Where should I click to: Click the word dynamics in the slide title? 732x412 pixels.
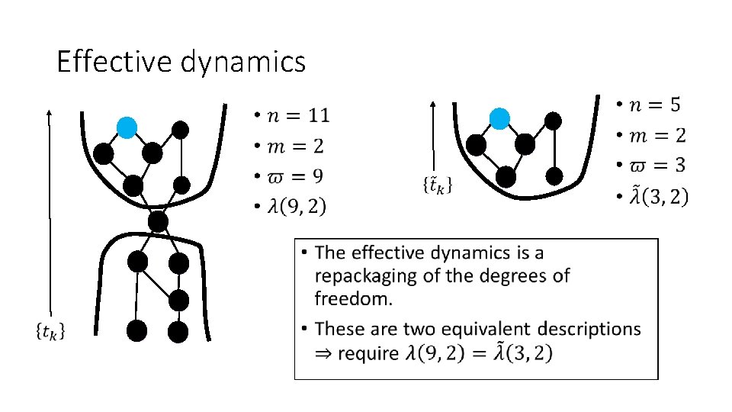tap(243, 63)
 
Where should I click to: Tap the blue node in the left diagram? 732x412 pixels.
tap(127, 127)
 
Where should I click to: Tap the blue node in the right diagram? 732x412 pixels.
tap(499, 118)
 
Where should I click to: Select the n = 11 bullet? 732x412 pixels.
tap(294, 116)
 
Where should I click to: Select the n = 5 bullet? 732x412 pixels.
tap(655, 105)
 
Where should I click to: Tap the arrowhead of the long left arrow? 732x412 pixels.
tap(49, 111)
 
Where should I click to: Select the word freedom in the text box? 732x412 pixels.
tap(354, 298)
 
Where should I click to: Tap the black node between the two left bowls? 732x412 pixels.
tap(158, 222)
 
